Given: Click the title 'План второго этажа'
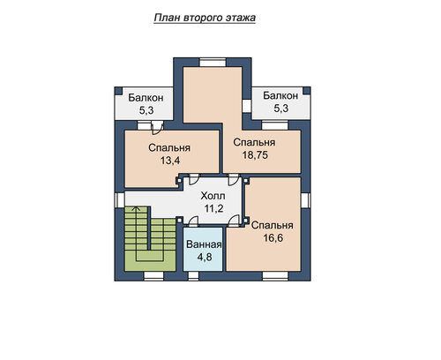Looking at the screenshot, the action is (x=205, y=18).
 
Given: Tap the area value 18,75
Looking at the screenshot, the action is (x=255, y=155).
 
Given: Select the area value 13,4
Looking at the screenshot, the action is (x=170, y=161).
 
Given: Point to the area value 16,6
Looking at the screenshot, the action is (x=273, y=237).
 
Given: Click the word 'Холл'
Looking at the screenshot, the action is (x=213, y=196).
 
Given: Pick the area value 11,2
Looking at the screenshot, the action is (x=213, y=208).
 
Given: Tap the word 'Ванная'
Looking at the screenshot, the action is (x=204, y=244).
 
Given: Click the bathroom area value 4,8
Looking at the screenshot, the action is (x=205, y=257).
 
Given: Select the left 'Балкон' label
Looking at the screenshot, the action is (x=146, y=98).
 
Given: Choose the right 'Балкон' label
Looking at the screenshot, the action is (x=280, y=95).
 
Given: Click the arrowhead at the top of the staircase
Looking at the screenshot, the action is (x=136, y=208).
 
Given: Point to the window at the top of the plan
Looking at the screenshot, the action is (x=213, y=63).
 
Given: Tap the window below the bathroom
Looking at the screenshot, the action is (x=193, y=276).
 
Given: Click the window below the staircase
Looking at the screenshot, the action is (x=153, y=276).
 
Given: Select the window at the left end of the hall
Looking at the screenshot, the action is (x=119, y=199).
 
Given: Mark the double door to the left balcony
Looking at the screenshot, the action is (x=156, y=128).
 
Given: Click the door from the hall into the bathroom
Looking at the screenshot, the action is (x=193, y=221).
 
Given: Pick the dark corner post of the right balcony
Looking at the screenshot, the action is (x=307, y=91).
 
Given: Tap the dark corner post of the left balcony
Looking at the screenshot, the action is (x=118, y=91).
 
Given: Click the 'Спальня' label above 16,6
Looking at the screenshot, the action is (x=273, y=225).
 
